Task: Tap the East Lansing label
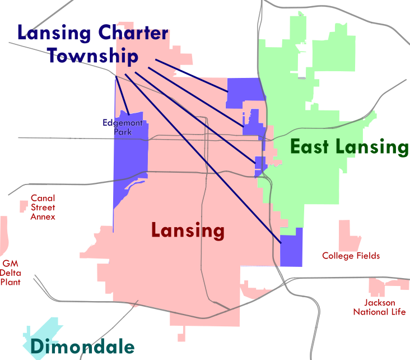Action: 349,147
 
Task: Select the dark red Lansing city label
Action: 188,230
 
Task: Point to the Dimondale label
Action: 82,347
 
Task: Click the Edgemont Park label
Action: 123,127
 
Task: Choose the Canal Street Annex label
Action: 43,207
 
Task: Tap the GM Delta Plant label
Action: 11,273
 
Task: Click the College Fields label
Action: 351,256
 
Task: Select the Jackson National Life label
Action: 379,307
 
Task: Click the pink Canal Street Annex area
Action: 24,206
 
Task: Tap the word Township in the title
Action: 92,56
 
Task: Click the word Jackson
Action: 380,303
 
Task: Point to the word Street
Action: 43,207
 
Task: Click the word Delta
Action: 11,273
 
